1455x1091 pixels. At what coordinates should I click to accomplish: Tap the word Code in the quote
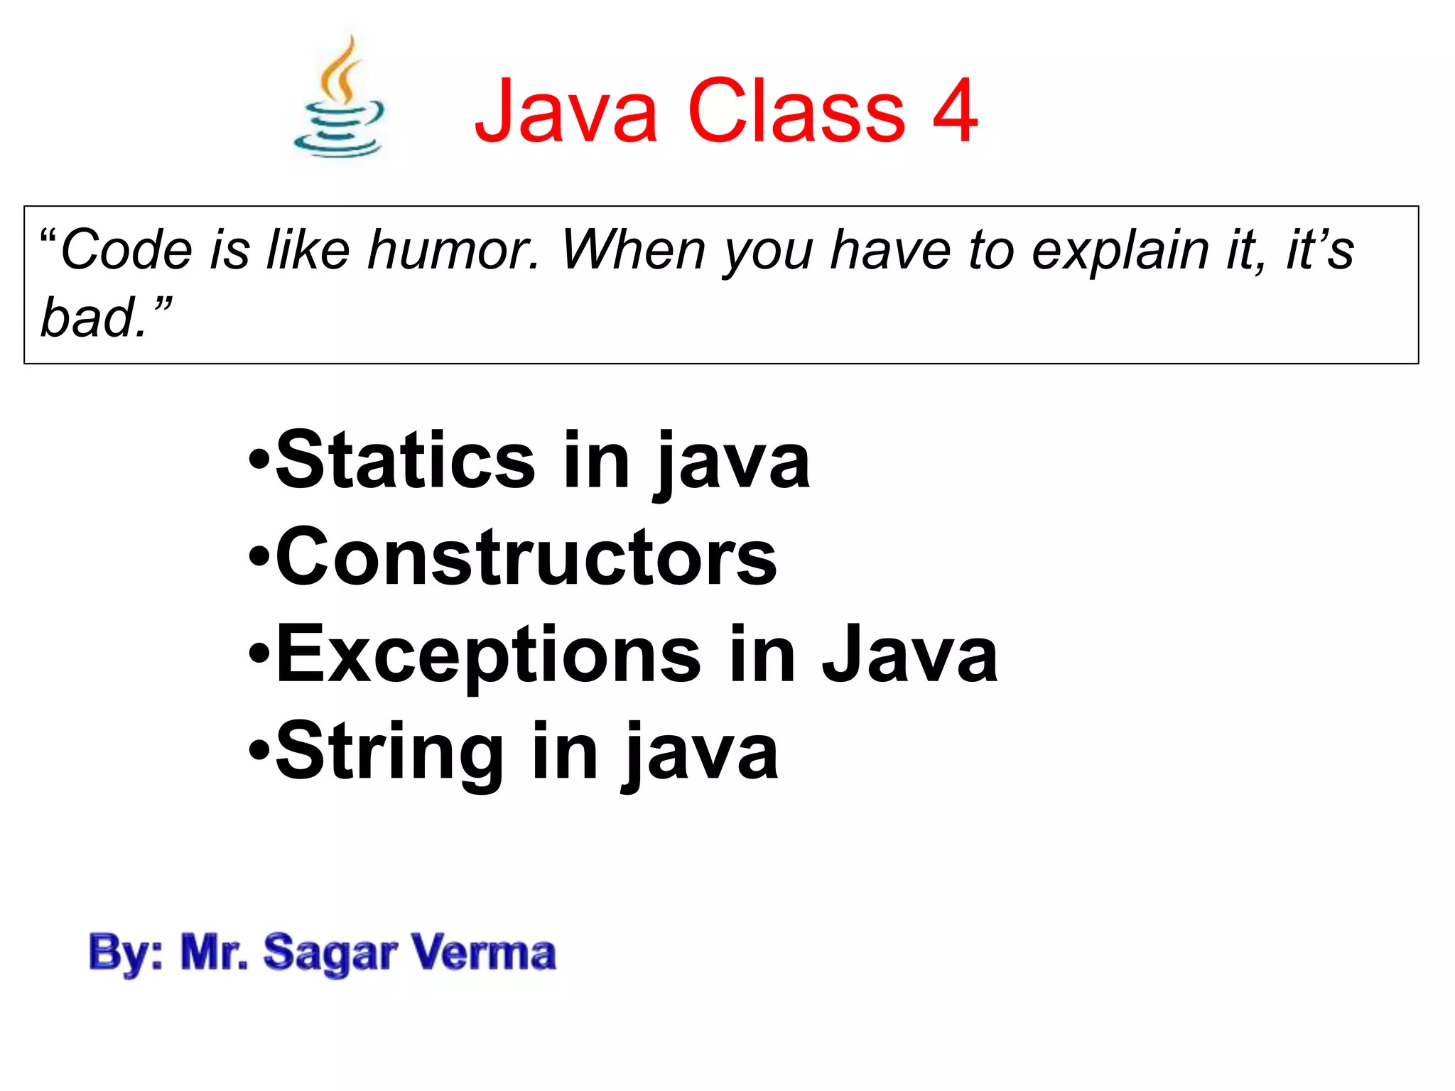[126, 250]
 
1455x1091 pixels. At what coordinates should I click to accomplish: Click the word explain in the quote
[1120, 250]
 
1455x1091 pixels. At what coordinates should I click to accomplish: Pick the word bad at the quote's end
[89, 317]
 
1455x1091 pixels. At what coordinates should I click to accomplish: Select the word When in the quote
[637, 250]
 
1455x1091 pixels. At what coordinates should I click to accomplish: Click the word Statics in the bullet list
[405, 461]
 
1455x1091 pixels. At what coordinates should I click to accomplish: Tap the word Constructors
[526, 558]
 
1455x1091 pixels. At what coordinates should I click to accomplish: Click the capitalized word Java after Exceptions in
[910, 655]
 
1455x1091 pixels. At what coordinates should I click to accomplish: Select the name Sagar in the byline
[330, 953]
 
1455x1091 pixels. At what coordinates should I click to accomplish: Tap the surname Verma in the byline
[483, 953]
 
